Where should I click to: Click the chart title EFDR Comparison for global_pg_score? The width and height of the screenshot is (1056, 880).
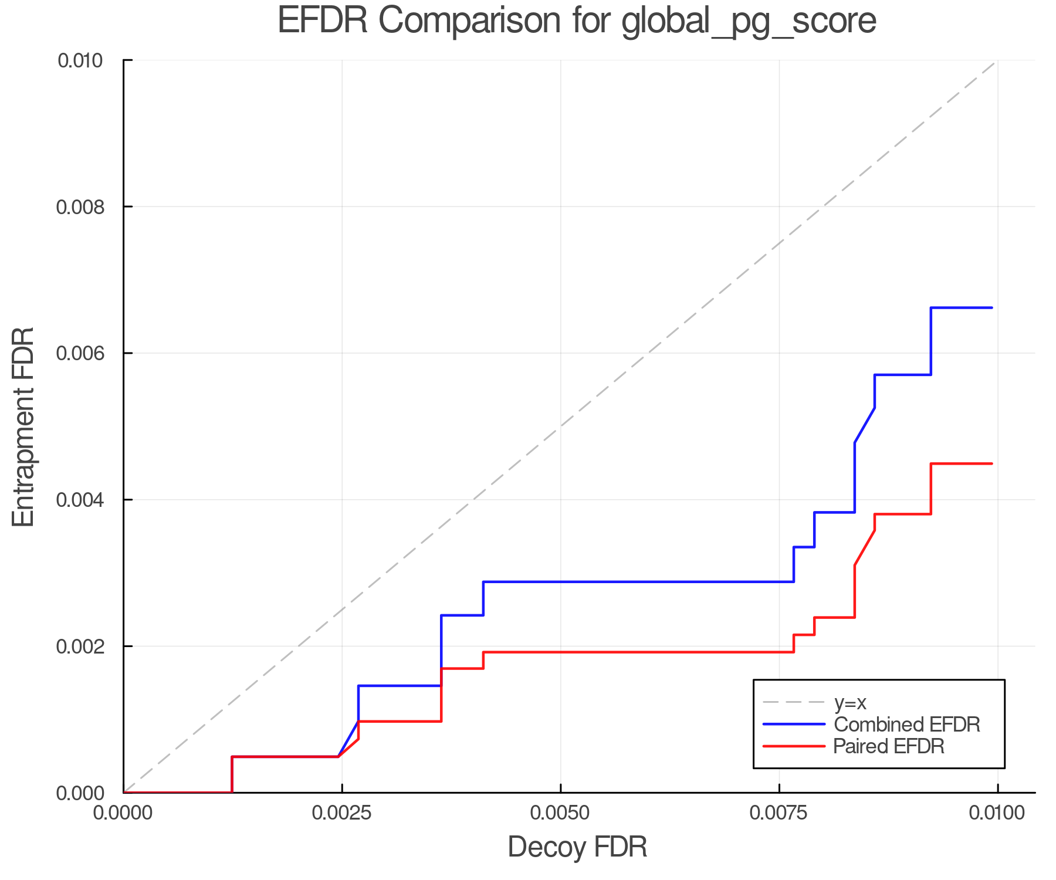tap(577, 21)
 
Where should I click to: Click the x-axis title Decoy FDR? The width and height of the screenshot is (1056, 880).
tap(577, 847)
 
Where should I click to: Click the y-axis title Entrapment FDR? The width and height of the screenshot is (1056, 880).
tap(24, 427)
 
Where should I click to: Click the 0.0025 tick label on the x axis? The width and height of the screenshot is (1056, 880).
tap(342, 813)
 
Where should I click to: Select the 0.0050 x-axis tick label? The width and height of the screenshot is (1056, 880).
tap(561, 813)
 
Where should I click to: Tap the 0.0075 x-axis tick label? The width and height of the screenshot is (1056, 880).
tap(779, 813)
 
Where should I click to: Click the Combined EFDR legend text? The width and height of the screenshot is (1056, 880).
tap(907, 725)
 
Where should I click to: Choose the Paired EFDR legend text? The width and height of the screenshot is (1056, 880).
tap(889, 746)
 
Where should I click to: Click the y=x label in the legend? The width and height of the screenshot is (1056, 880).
tap(850, 702)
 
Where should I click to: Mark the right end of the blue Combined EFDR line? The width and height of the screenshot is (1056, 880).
tap(992, 307)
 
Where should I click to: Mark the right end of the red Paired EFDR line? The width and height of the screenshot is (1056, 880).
tap(992, 463)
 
